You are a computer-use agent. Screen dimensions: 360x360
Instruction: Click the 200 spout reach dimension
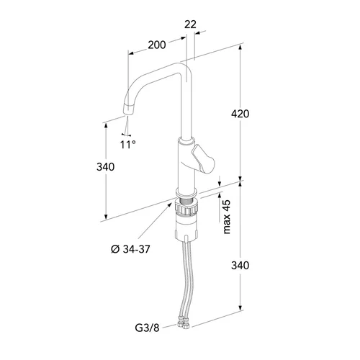157,45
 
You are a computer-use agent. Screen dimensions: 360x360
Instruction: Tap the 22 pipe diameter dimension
190,24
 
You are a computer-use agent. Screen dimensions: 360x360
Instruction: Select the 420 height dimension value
240,114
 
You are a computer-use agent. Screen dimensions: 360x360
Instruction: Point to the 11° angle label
128,145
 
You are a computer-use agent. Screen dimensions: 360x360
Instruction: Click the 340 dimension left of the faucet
105,166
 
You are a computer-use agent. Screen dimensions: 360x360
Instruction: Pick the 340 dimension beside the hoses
240,266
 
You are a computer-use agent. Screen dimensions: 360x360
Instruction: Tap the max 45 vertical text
227,217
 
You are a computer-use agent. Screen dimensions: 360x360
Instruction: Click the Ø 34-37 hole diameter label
130,249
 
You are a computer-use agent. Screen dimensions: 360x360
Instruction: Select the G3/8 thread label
147,328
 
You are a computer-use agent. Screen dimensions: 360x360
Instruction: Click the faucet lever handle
202,159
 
